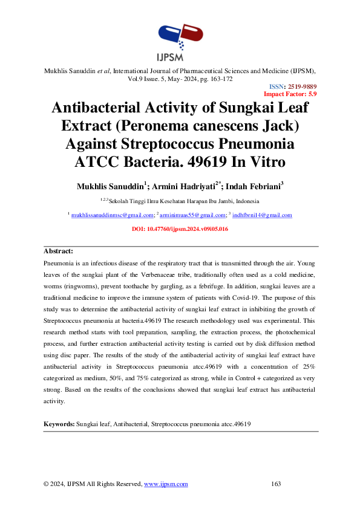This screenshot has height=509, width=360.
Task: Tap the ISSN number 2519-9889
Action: tap(302, 87)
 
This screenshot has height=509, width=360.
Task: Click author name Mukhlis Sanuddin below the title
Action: tap(106, 186)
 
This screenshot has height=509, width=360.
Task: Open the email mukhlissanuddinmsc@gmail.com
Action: tap(112, 215)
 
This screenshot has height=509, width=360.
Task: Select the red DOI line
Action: tap(180, 230)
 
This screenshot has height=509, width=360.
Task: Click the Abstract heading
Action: tap(59, 251)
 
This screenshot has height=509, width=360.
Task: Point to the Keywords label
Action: tap(59, 425)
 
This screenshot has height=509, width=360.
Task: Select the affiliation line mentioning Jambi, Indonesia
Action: tap(180, 201)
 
